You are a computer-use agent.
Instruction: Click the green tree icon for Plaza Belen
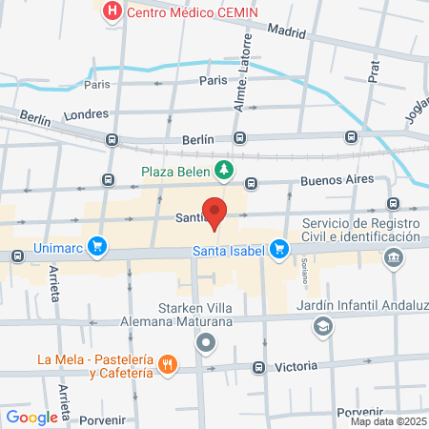pyautogui.click(x=223, y=171)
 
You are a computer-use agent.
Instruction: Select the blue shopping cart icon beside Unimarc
pyautogui.click(x=96, y=247)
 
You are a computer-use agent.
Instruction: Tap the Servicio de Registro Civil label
pyautogui.click(x=360, y=230)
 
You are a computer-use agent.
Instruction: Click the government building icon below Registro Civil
pyautogui.click(x=393, y=257)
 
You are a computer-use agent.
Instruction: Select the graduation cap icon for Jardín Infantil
pyautogui.click(x=323, y=327)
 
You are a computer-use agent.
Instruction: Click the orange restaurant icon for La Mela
pyautogui.click(x=168, y=363)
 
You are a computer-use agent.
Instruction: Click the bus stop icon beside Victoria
pyautogui.click(x=257, y=368)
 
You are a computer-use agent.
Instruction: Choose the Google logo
pyautogui.click(x=32, y=417)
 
